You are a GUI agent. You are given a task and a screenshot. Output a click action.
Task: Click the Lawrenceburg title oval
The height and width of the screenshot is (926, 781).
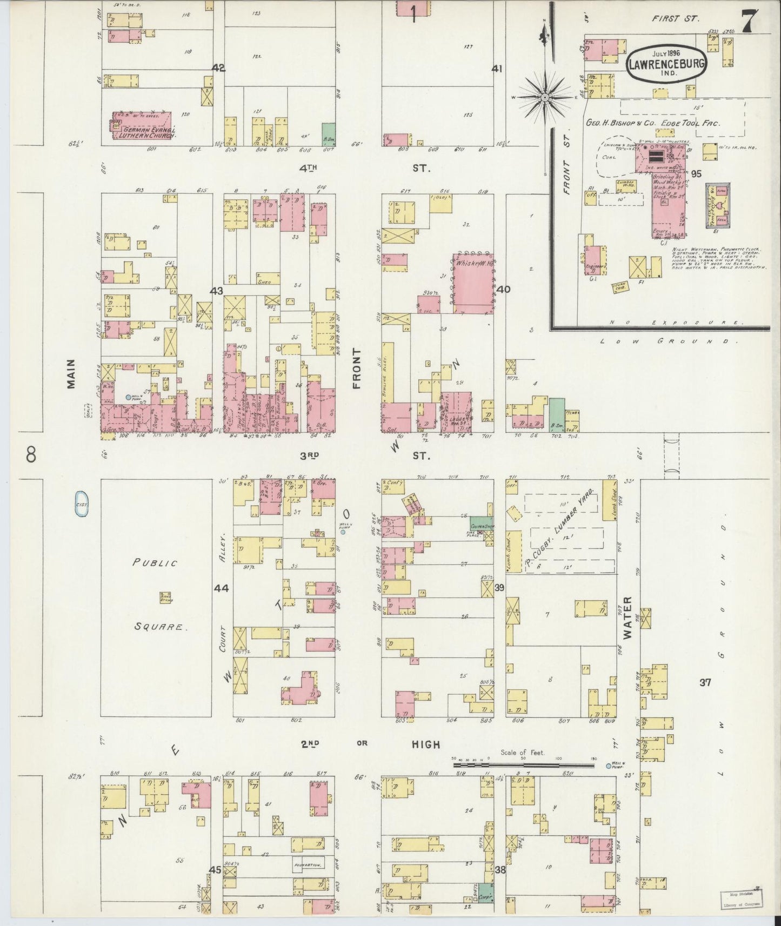666,64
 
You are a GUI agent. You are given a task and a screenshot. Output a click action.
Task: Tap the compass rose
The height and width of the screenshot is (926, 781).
545,97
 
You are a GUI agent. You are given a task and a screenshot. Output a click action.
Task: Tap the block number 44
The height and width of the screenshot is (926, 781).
221,588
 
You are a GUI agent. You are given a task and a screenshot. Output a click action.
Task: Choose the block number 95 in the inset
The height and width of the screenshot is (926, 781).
696,173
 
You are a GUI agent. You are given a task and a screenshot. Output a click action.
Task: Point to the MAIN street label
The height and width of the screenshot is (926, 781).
72,374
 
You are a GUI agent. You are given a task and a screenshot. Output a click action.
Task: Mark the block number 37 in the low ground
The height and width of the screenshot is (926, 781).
704,682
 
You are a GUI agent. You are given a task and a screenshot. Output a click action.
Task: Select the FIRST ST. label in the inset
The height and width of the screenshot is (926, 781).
676,18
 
